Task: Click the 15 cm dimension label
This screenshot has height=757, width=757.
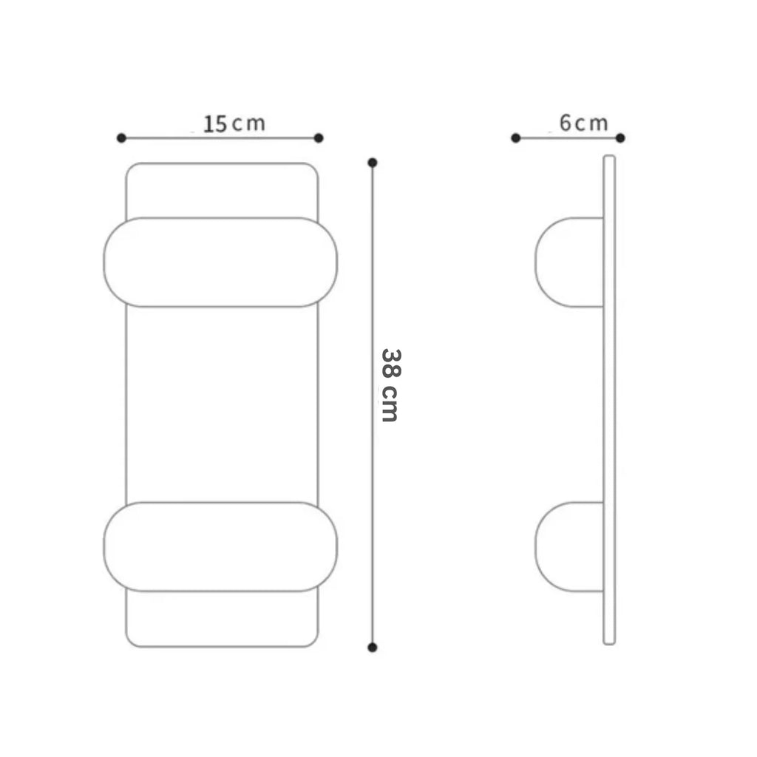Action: click(x=234, y=123)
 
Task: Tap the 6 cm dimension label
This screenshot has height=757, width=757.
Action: click(x=584, y=123)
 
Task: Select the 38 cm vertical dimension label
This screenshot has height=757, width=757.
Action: click(x=390, y=385)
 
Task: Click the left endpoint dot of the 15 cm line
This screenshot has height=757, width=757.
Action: click(x=121, y=138)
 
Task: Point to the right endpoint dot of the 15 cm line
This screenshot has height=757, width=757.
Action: click(x=319, y=138)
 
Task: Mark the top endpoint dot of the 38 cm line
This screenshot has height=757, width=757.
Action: click(x=373, y=163)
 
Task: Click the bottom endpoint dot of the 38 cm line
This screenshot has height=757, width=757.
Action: click(x=373, y=648)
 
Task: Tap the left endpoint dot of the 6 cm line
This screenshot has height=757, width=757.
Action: click(x=515, y=138)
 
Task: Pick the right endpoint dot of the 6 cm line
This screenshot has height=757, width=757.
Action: click(x=620, y=138)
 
